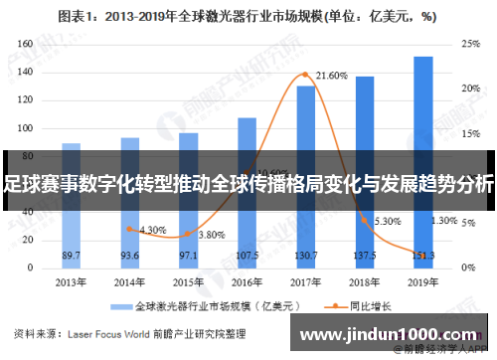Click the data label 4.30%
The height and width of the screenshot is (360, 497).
pyautogui.click(x=152, y=230)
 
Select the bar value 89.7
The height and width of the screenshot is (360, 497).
pyautogui.click(x=72, y=256)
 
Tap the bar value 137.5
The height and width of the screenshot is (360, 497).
pyautogui.click(x=365, y=256)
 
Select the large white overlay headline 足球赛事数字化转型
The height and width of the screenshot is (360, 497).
pyautogui.click(x=248, y=185)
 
